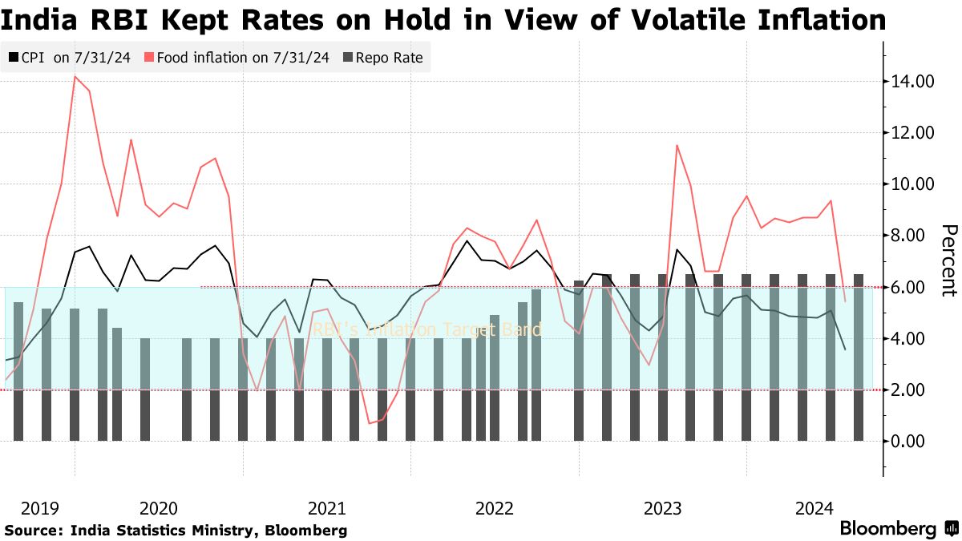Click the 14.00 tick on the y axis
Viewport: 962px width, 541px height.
pos(910,82)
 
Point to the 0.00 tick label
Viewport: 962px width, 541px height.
pos(910,441)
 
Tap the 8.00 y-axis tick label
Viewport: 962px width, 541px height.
pos(910,236)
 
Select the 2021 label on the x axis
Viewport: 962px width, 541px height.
pos(326,508)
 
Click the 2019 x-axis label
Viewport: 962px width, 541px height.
pos(40,508)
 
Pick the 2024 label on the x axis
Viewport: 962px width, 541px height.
pos(814,508)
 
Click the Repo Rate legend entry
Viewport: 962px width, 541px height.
pos(383,57)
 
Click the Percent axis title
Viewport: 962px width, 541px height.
pos(948,260)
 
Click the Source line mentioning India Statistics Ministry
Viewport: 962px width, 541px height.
pos(176,531)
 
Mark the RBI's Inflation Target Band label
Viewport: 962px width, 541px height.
pos(426,329)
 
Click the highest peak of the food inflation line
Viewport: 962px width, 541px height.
pos(75,76)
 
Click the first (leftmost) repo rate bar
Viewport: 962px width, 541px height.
pos(18,371)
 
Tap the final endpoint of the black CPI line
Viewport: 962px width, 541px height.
pos(845,349)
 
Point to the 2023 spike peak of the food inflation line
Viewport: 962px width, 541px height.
pos(677,145)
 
